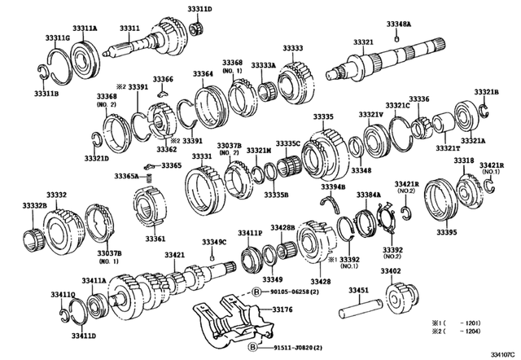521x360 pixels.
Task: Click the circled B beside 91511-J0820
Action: [x=254, y=346]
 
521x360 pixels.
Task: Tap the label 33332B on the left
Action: [x=33, y=206]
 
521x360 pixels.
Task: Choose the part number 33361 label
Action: [x=155, y=239]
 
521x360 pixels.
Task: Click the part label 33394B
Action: [x=332, y=187]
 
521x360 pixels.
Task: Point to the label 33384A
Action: [x=367, y=195]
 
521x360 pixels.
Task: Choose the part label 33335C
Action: [x=287, y=143]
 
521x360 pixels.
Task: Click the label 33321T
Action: [x=446, y=148]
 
